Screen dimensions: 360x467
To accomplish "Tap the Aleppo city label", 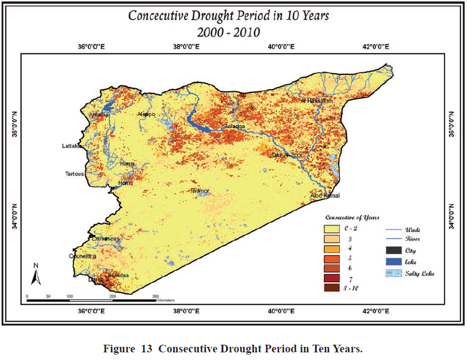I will point(147,114).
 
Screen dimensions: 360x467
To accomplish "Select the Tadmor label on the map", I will point(199,191).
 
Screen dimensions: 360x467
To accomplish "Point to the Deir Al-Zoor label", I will point(287,155).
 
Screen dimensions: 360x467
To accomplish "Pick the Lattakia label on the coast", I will point(72,146).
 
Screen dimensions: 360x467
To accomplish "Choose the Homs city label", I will point(126,183).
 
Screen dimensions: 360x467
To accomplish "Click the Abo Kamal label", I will point(325,196).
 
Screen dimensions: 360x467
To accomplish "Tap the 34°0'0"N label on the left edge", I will point(15,217).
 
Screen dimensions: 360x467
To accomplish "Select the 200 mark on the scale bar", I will point(113,296).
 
